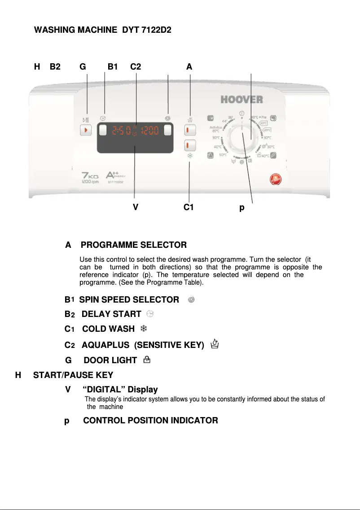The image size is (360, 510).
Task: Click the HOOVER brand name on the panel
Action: [241, 99]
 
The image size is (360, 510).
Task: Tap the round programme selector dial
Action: [242, 136]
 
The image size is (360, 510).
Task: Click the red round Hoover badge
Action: [274, 179]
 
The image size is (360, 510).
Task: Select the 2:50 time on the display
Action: [121, 131]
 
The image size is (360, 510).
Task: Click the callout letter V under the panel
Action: [135, 208]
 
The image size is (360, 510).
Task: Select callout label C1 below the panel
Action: [189, 208]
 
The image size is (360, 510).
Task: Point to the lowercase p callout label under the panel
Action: [242, 208]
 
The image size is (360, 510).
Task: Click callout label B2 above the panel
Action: [55, 67]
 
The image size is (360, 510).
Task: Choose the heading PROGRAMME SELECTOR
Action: [133, 245]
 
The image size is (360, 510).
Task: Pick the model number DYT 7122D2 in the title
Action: [147, 31]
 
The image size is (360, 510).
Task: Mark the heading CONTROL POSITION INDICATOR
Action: [150, 421]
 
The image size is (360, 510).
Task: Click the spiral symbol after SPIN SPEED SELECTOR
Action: [191, 299]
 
